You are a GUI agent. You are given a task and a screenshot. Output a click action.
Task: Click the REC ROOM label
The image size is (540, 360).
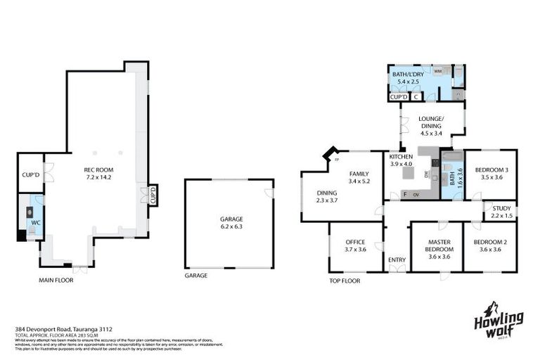pos(98,169)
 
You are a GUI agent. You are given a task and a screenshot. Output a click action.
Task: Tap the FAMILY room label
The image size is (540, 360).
pos(359,173)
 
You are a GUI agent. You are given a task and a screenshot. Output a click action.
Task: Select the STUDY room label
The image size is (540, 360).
pos(501,208)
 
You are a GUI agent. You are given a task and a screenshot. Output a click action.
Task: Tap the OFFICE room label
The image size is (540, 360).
pos(355,243)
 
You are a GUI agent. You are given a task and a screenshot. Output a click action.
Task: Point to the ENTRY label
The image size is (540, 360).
pos(397,260)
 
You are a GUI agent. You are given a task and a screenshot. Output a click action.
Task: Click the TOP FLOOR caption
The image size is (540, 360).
pos(345,281)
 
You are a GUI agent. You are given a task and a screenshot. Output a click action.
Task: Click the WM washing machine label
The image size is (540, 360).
pos(437,72)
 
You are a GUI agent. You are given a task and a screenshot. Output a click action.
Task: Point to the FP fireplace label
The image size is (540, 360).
pos(337,160)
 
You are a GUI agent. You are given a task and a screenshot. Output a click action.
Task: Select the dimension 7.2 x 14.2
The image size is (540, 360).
pos(98,177)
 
